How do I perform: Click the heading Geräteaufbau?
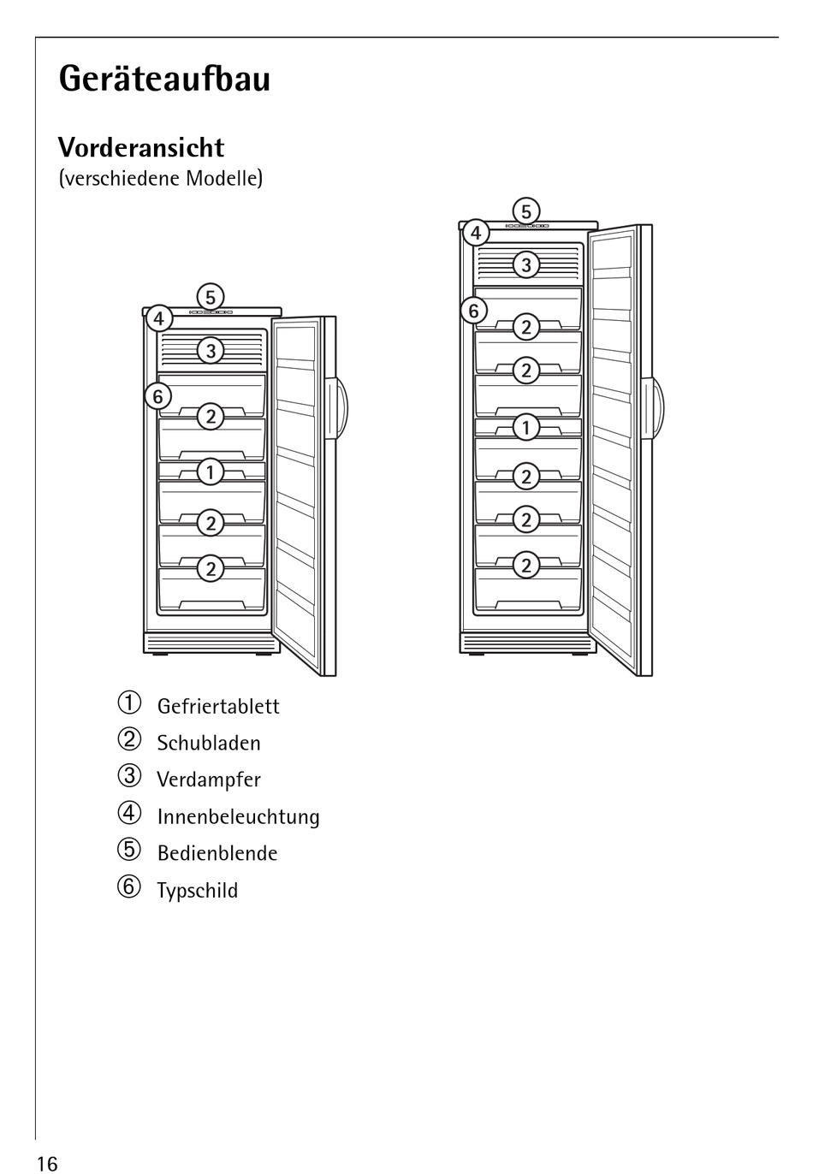pos(164,79)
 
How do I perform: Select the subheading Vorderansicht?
pos(141,147)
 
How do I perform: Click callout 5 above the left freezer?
pos(210,297)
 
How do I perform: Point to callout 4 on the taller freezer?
pos(475,232)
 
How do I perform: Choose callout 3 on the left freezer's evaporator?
pos(210,350)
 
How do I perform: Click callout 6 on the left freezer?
pos(157,396)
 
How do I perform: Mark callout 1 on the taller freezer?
pos(525,427)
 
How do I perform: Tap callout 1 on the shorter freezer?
pos(210,471)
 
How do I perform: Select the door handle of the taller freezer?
pos(657,406)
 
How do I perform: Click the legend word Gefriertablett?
pos(218,706)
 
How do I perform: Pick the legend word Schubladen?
pos(209,743)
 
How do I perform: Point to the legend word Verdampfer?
pos(209,780)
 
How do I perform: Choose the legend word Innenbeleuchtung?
pos(238,816)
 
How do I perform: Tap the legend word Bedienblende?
pos(217,853)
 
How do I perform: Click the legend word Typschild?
pos(197,890)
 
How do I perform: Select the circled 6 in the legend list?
pos(128,887)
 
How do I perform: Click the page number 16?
pos(47,1163)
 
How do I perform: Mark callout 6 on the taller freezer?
pos(474,311)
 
